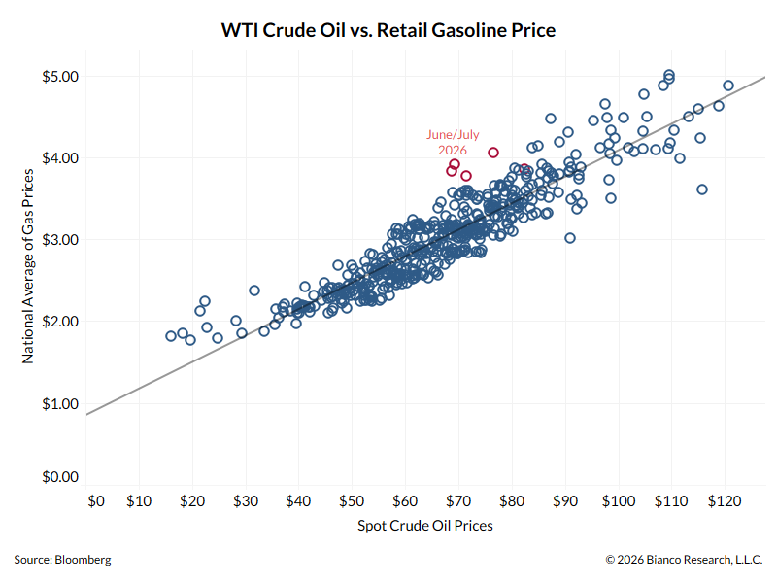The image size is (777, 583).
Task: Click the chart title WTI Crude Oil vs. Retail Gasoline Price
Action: pyautogui.click(x=388, y=30)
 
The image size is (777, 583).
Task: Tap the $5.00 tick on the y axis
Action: pyautogui.click(x=60, y=77)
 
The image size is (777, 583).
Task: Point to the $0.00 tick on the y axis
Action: pyautogui.click(x=60, y=477)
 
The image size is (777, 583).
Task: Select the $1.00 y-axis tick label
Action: pyautogui.click(x=60, y=404)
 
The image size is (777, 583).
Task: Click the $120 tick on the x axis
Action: pyautogui.click(x=725, y=501)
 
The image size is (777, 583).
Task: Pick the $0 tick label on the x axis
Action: pyautogui.click(x=96, y=501)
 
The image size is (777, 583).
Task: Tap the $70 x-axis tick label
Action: pyautogui.click(x=458, y=501)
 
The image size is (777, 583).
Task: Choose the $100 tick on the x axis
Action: pyautogui.click(x=619, y=501)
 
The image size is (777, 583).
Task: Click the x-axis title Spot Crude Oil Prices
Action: pyautogui.click(x=425, y=526)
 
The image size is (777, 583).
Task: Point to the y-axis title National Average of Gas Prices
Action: pyautogui.click(x=28, y=266)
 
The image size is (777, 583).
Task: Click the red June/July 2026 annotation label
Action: pyautogui.click(x=453, y=142)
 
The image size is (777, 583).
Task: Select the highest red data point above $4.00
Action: pyautogui.click(x=493, y=153)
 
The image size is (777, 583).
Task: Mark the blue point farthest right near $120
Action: pyautogui.click(x=727, y=86)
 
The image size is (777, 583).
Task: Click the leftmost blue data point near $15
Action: pyautogui.click(x=171, y=336)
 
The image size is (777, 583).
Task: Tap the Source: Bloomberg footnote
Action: pyautogui.click(x=62, y=560)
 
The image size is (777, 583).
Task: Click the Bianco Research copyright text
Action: pyautogui.click(x=684, y=560)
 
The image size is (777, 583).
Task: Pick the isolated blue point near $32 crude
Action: pyautogui.click(x=254, y=291)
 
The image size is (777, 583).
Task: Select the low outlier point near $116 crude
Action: pyautogui.click(x=701, y=189)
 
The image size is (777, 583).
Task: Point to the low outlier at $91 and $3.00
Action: pyautogui.click(x=570, y=238)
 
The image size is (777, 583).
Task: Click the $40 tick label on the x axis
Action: pyautogui.click(x=298, y=501)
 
